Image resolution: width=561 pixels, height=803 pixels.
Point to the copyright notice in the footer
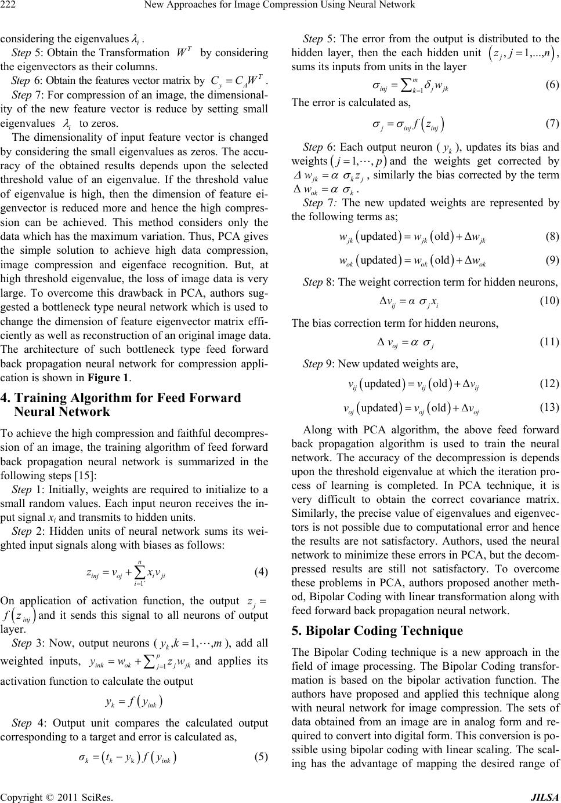coord(56,797)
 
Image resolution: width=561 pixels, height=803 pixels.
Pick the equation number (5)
coord(261,773)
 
